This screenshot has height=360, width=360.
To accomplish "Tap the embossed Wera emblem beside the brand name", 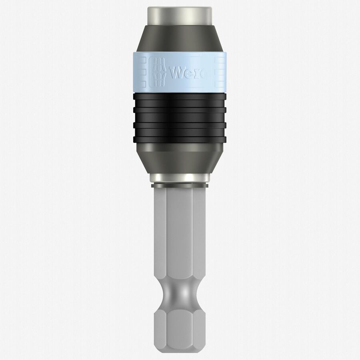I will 159,72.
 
